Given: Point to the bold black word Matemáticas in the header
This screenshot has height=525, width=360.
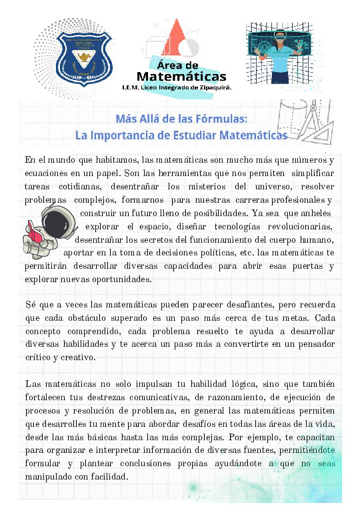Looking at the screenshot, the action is click(x=181, y=75).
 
